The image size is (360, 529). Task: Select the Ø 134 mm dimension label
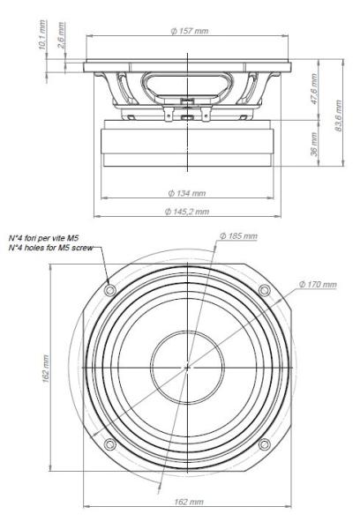tap(187, 192)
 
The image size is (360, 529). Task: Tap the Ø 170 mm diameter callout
tap(318, 284)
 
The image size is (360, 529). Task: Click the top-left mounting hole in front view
tap(109, 290)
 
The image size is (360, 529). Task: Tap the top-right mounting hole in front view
tap(263, 290)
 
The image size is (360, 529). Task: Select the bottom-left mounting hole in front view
tap(109, 443)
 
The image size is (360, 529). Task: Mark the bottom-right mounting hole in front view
tap(263, 443)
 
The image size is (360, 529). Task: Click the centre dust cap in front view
tap(186, 367)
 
